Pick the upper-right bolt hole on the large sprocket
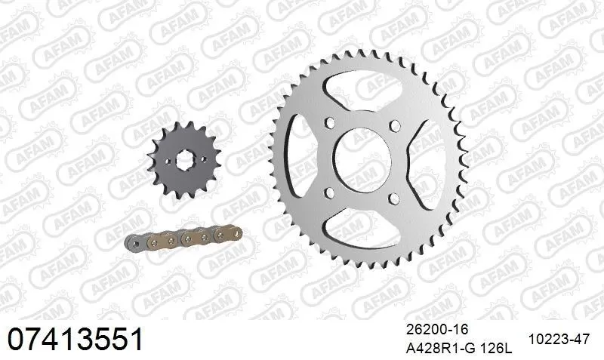coord(393,125)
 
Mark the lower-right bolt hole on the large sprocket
coord(393,198)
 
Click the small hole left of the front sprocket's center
coord(167,162)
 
